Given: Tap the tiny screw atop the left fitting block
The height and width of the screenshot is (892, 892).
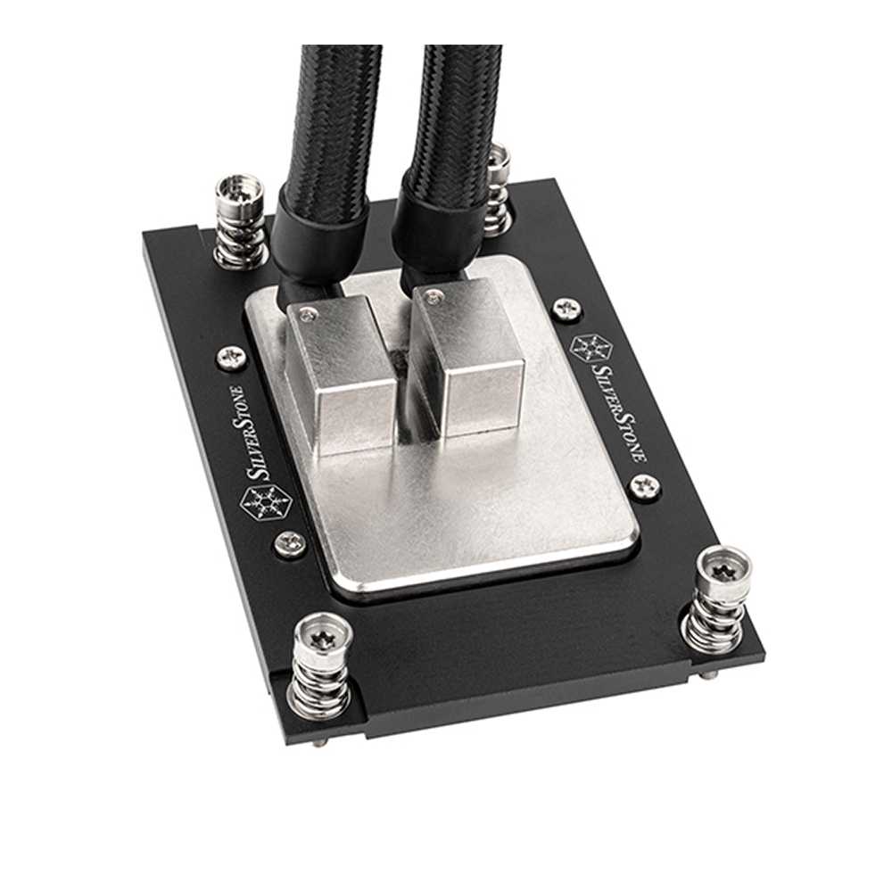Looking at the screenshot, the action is (x=309, y=310).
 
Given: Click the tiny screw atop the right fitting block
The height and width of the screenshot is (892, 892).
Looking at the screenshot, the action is (x=434, y=293).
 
